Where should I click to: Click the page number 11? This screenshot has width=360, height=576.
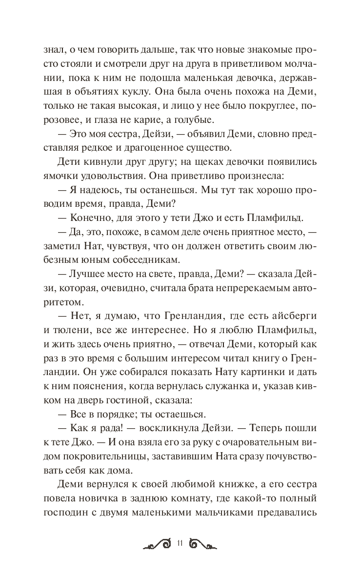click(180, 544)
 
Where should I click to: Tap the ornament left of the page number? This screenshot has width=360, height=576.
click(157, 544)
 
